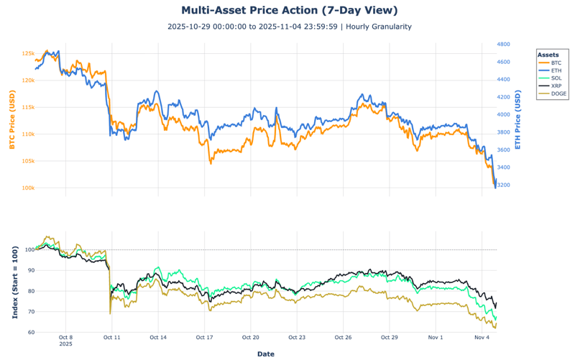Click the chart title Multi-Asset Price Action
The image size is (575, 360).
tap(288, 10)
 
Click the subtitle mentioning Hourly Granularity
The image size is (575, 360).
tap(289, 27)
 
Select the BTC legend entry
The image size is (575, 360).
tap(556, 63)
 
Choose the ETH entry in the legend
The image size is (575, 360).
tap(556, 70)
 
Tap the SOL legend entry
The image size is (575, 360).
tap(556, 78)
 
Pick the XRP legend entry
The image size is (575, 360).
tap(556, 86)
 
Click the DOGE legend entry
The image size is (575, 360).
tap(558, 93)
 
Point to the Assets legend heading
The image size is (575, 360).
tap(548, 55)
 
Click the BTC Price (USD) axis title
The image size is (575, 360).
tap(11, 120)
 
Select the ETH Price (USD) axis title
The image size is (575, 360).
tap(517, 120)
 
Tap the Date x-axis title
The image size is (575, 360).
tap(265, 354)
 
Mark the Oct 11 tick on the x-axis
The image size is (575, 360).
tap(112, 336)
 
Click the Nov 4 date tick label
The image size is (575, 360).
tap(482, 336)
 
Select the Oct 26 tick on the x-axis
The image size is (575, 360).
tap(343, 336)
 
